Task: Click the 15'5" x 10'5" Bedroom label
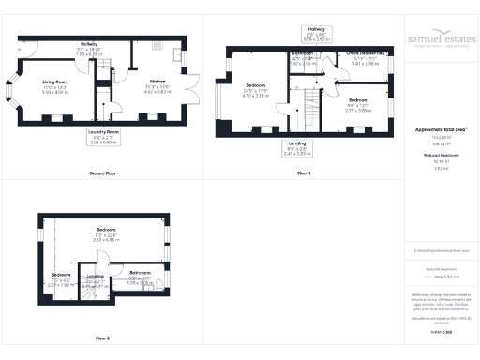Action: pyautogui.click(x=254, y=90)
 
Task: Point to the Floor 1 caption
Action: pyautogui.click(x=305, y=174)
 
